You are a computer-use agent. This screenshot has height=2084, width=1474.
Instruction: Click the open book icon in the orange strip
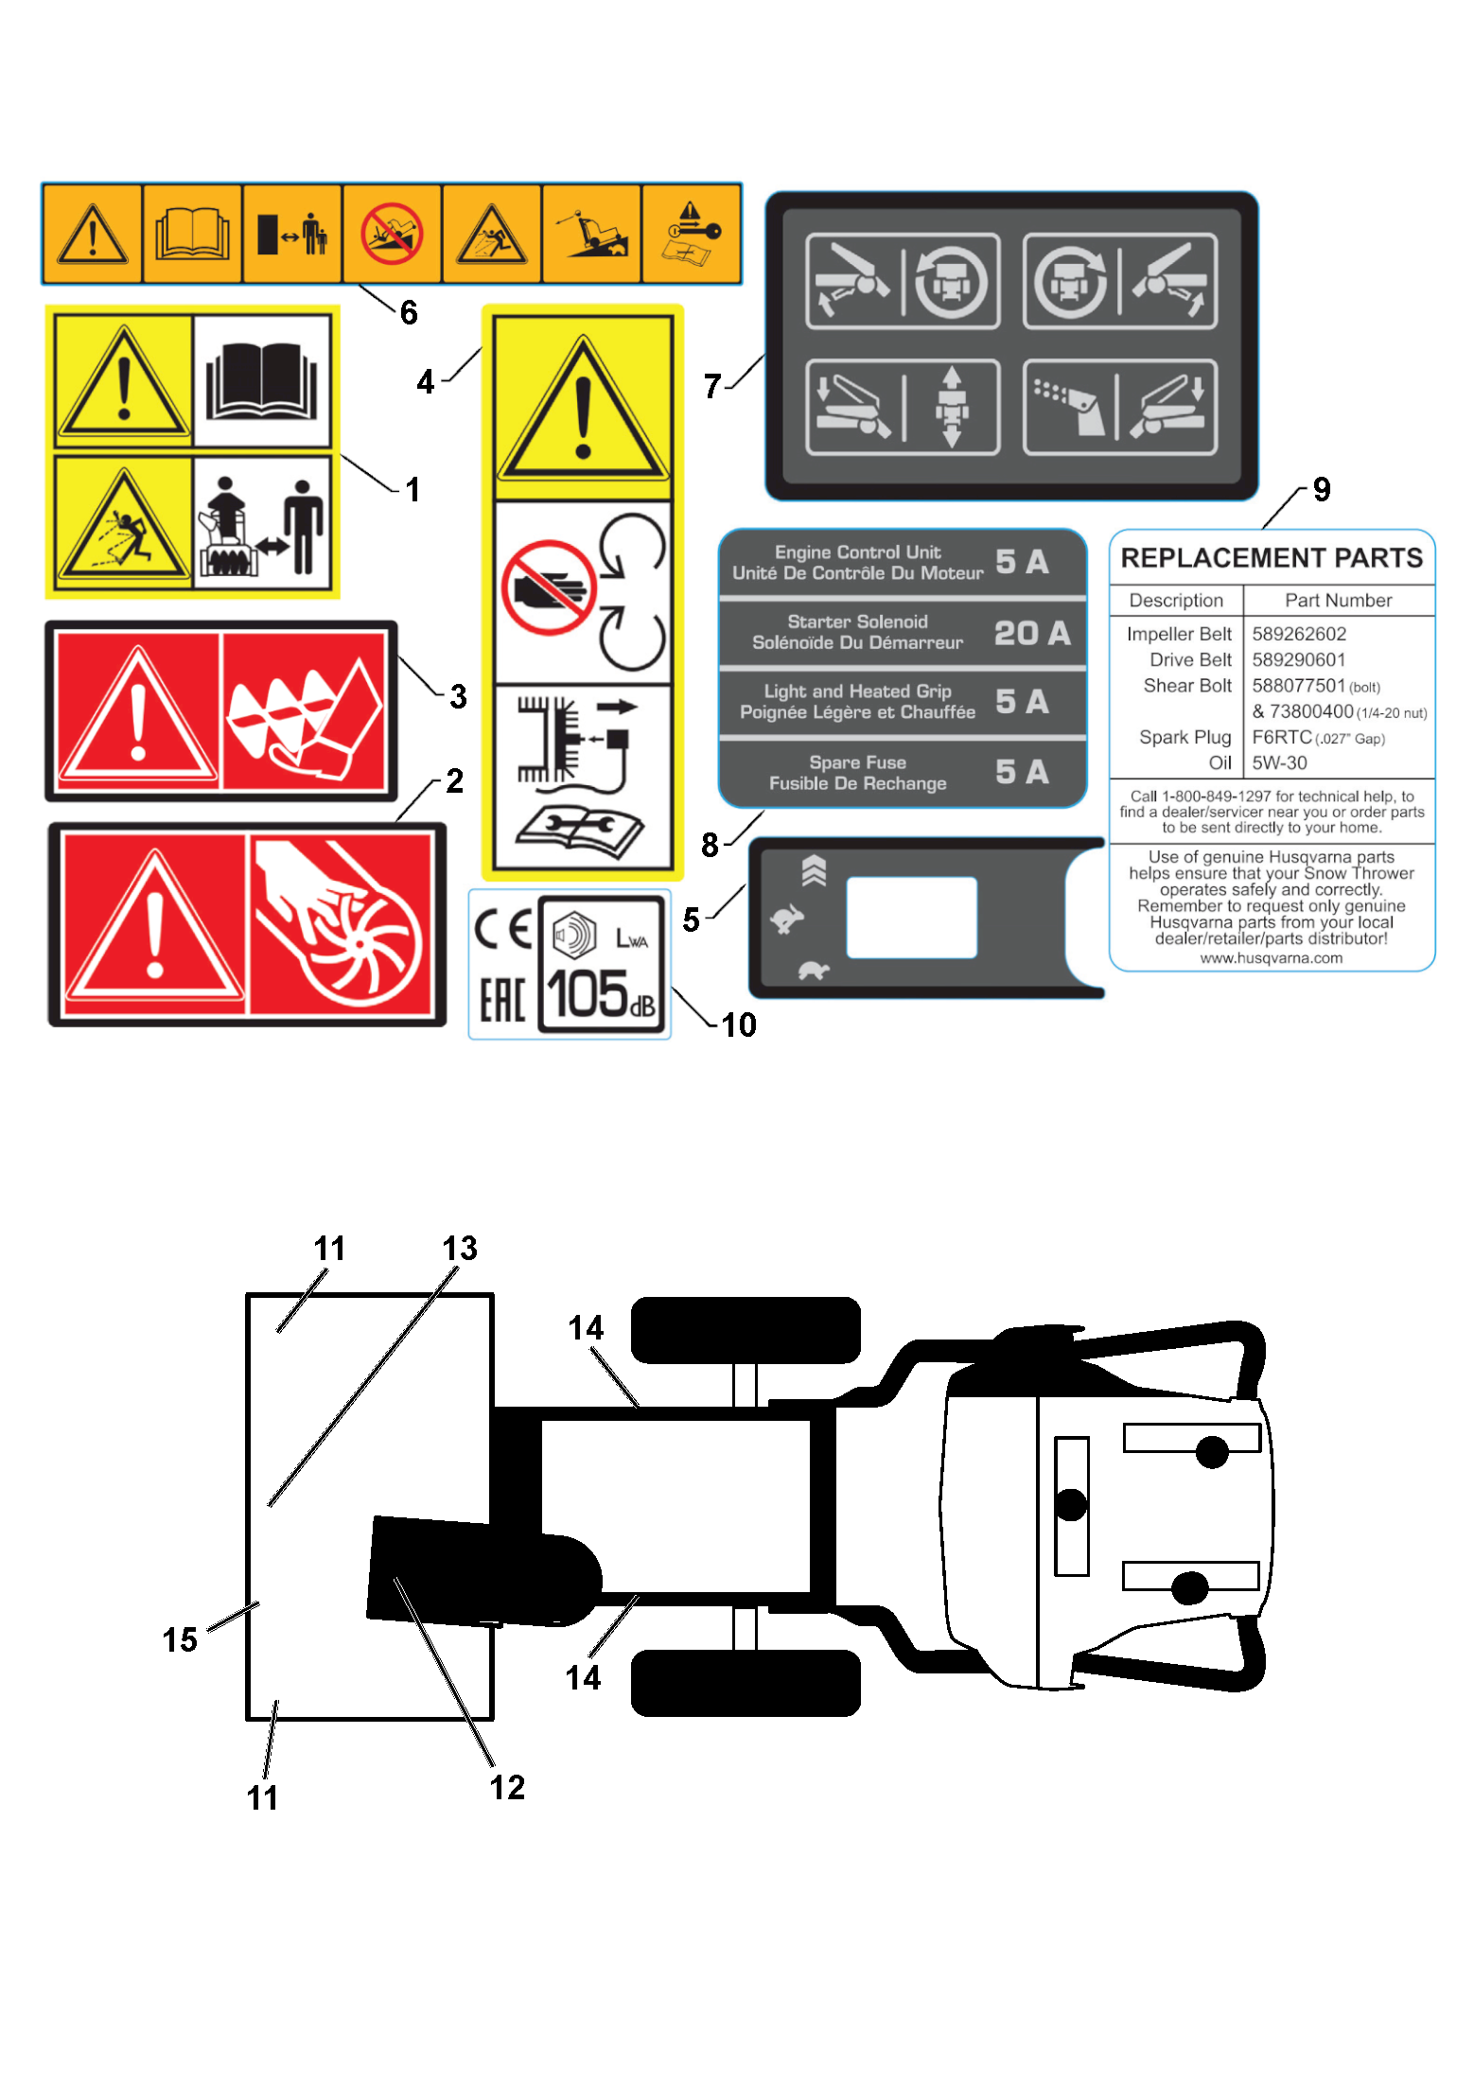point(192,234)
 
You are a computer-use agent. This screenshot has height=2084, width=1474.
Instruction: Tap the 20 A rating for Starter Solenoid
point(1032,632)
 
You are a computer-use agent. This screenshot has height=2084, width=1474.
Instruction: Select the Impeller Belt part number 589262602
point(1299,634)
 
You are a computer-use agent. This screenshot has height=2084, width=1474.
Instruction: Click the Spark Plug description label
point(1184,737)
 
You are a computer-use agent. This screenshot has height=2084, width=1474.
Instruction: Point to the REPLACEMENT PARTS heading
point(1272,557)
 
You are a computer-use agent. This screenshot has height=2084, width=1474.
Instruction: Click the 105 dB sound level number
point(601,995)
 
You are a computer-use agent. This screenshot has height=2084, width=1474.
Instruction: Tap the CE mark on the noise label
point(501,930)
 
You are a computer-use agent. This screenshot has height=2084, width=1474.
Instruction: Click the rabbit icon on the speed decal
point(787,918)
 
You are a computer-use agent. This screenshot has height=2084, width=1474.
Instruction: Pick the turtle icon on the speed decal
point(814,971)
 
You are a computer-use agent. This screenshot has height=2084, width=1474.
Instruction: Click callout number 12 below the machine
point(507,1787)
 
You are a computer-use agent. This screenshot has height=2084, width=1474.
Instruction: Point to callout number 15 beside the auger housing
point(180,1639)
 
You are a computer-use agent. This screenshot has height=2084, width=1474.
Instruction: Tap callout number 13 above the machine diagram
point(460,1248)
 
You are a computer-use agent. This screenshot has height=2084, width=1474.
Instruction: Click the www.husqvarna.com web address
point(1272,958)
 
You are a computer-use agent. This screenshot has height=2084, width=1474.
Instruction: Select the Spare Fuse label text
point(857,762)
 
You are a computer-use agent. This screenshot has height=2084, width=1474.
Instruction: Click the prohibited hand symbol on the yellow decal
point(549,587)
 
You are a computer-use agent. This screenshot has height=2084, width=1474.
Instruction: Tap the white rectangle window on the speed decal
point(911,917)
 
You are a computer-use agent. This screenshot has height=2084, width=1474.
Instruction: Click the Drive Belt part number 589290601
point(1299,659)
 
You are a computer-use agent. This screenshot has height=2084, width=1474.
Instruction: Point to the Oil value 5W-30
point(1279,762)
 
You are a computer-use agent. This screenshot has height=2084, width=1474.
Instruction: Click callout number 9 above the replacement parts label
point(1322,489)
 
